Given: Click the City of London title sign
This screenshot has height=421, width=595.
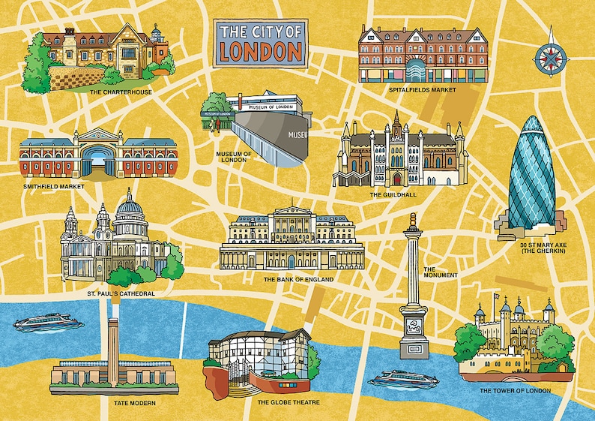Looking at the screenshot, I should coord(260,42).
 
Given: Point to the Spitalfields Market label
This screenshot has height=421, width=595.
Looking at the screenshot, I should coord(423,90).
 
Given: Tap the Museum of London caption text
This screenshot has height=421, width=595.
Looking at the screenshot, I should coord(232,156).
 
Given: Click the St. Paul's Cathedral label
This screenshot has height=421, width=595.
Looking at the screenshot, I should coord(121,293).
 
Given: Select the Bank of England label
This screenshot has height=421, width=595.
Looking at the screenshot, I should coord(298,279).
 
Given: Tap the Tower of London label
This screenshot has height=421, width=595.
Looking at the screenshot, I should coord(515,390).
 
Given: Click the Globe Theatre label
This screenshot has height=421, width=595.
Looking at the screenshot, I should coord(289,402).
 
